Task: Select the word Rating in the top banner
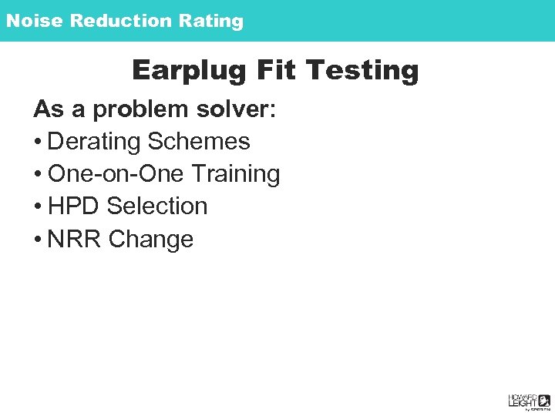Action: (x=211, y=21)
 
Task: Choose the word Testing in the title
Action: (x=362, y=71)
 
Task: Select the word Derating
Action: (x=95, y=142)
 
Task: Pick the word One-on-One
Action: (x=116, y=174)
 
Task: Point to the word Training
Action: (x=236, y=175)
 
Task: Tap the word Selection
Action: (x=157, y=206)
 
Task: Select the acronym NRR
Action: (x=75, y=240)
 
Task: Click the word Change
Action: (x=151, y=240)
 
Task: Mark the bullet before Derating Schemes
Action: (x=38, y=143)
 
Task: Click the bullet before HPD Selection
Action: (x=38, y=207)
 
